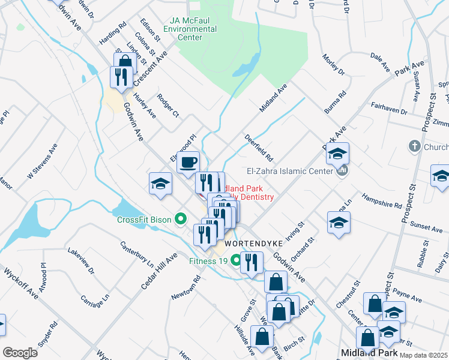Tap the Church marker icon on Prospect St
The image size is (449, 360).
point(414,146)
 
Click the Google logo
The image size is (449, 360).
point(20,352)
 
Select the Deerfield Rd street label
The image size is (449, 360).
point(259,147)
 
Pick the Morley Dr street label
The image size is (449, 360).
point(333,64)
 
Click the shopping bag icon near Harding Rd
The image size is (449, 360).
point(125,63)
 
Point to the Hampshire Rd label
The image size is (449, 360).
point(381,200)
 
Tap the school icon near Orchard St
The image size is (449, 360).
point(339,223)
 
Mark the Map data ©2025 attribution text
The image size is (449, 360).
point(423,355)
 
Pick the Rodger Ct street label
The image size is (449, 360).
point(168,106)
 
